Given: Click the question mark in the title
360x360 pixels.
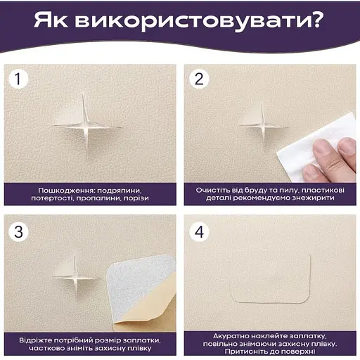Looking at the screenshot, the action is (x=315, y=20).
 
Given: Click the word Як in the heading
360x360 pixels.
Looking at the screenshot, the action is (x=51, y=20).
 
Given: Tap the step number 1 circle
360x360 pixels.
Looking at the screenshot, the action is (x=18, y=79).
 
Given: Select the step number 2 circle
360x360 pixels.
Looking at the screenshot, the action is (x=199, y=79).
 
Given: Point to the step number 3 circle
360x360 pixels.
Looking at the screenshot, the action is (x=18, y=232).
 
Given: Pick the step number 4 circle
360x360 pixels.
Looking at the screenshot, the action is (x=199, y=232).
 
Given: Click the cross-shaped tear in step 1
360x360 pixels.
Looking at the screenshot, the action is (x=86, y=127).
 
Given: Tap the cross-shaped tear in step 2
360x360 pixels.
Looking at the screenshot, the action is (x=263, y=127).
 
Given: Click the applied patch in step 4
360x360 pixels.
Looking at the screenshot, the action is (x=271, y=278).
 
